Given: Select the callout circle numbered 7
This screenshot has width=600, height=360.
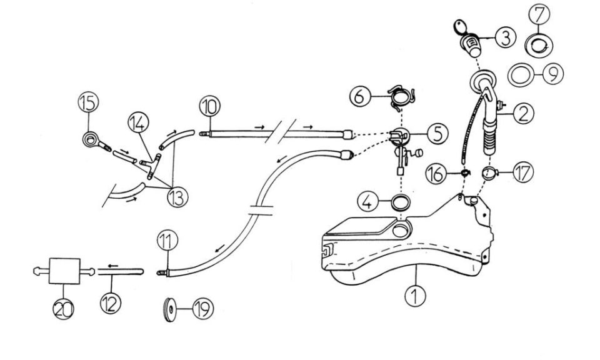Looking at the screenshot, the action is (x=539, y=14).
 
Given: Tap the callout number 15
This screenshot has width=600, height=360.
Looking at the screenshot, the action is (x=88, y=102).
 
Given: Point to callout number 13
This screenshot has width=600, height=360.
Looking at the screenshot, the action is (x=177, y=197).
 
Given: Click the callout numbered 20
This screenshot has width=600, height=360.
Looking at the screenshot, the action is (x=64, y=309).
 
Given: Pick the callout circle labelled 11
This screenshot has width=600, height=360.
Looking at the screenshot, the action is (x=167, y=242).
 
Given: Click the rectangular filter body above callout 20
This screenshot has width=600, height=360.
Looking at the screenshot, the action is (x=64, y=271).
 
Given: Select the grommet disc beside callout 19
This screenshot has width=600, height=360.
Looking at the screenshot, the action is (x=168, y=308).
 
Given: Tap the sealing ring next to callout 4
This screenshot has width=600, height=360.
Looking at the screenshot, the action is (x=401, y=202).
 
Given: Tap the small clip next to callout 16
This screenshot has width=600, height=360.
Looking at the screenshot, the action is (x=465, y=173).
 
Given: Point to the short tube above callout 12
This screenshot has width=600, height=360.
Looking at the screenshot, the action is (x=121, y=271).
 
